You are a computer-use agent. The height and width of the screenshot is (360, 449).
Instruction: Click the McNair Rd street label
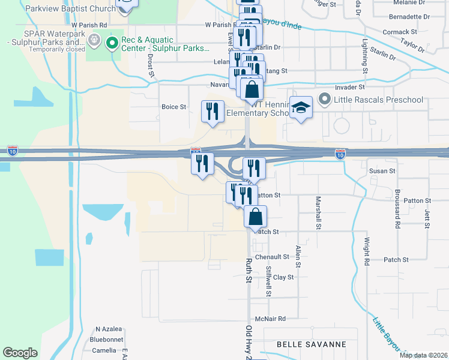pos(270,319)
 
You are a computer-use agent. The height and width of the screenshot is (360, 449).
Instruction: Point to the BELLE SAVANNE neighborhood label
pos(312,344)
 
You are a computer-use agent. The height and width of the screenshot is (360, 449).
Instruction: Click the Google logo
pos(20,353)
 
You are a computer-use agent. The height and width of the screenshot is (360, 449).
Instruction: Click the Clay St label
pos(283,277)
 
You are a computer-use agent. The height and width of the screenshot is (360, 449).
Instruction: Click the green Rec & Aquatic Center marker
pos(111,43)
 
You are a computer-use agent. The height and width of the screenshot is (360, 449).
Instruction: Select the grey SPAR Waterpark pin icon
pos(93,40)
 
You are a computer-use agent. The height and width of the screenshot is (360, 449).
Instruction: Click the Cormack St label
pos(400,31)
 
